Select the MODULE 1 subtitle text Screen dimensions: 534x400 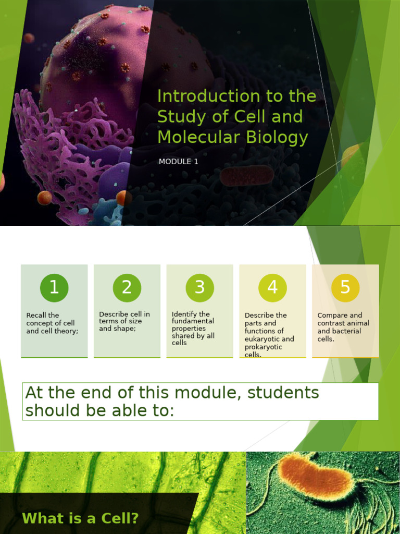178,162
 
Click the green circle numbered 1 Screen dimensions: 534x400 54,287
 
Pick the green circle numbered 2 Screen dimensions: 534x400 127,287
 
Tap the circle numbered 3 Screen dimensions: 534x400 199,287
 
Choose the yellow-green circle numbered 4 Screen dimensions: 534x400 272,287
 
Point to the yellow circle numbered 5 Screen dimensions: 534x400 345,287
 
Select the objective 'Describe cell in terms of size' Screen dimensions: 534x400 124,321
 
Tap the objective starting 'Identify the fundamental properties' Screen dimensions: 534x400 193,329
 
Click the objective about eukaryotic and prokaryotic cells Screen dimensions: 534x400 269,335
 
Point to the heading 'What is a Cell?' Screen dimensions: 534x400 80,518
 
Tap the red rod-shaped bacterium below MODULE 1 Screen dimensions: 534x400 246,176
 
